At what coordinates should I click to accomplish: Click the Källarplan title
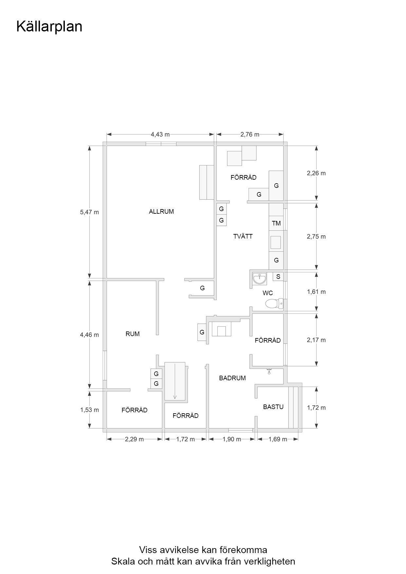[49, 27]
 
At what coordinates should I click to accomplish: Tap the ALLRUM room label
[161, 211]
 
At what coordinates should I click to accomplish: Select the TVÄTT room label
[243, 236]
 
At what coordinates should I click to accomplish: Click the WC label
[268, 293]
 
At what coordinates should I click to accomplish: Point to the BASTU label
[273, 407]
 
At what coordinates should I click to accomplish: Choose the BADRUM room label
[232, 378]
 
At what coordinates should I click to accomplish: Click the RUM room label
[133, 334]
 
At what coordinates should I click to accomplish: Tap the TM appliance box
[276, 223]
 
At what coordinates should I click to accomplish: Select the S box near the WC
[278, 277]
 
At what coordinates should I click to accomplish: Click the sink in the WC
[260, 279]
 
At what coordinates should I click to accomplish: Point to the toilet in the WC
[274, 304]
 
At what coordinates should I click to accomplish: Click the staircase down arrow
[175, 381]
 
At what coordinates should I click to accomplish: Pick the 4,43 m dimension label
[160, 134]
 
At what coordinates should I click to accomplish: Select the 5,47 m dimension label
[89, 212]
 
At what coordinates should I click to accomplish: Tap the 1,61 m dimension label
[316, 292]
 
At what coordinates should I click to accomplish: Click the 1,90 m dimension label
[232, 439]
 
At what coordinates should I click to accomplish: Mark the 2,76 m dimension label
[250, 134]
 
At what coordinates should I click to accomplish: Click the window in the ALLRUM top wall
[161, 144]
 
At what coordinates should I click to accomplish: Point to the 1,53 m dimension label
[89, 410]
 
